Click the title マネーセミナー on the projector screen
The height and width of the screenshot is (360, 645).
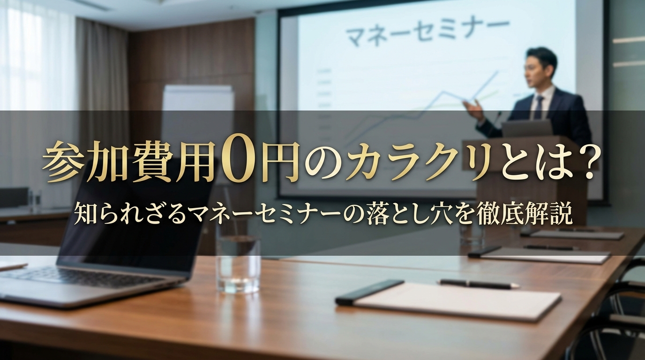(x=427, y=31)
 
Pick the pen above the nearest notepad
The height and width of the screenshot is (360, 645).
(x=479, y=284)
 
